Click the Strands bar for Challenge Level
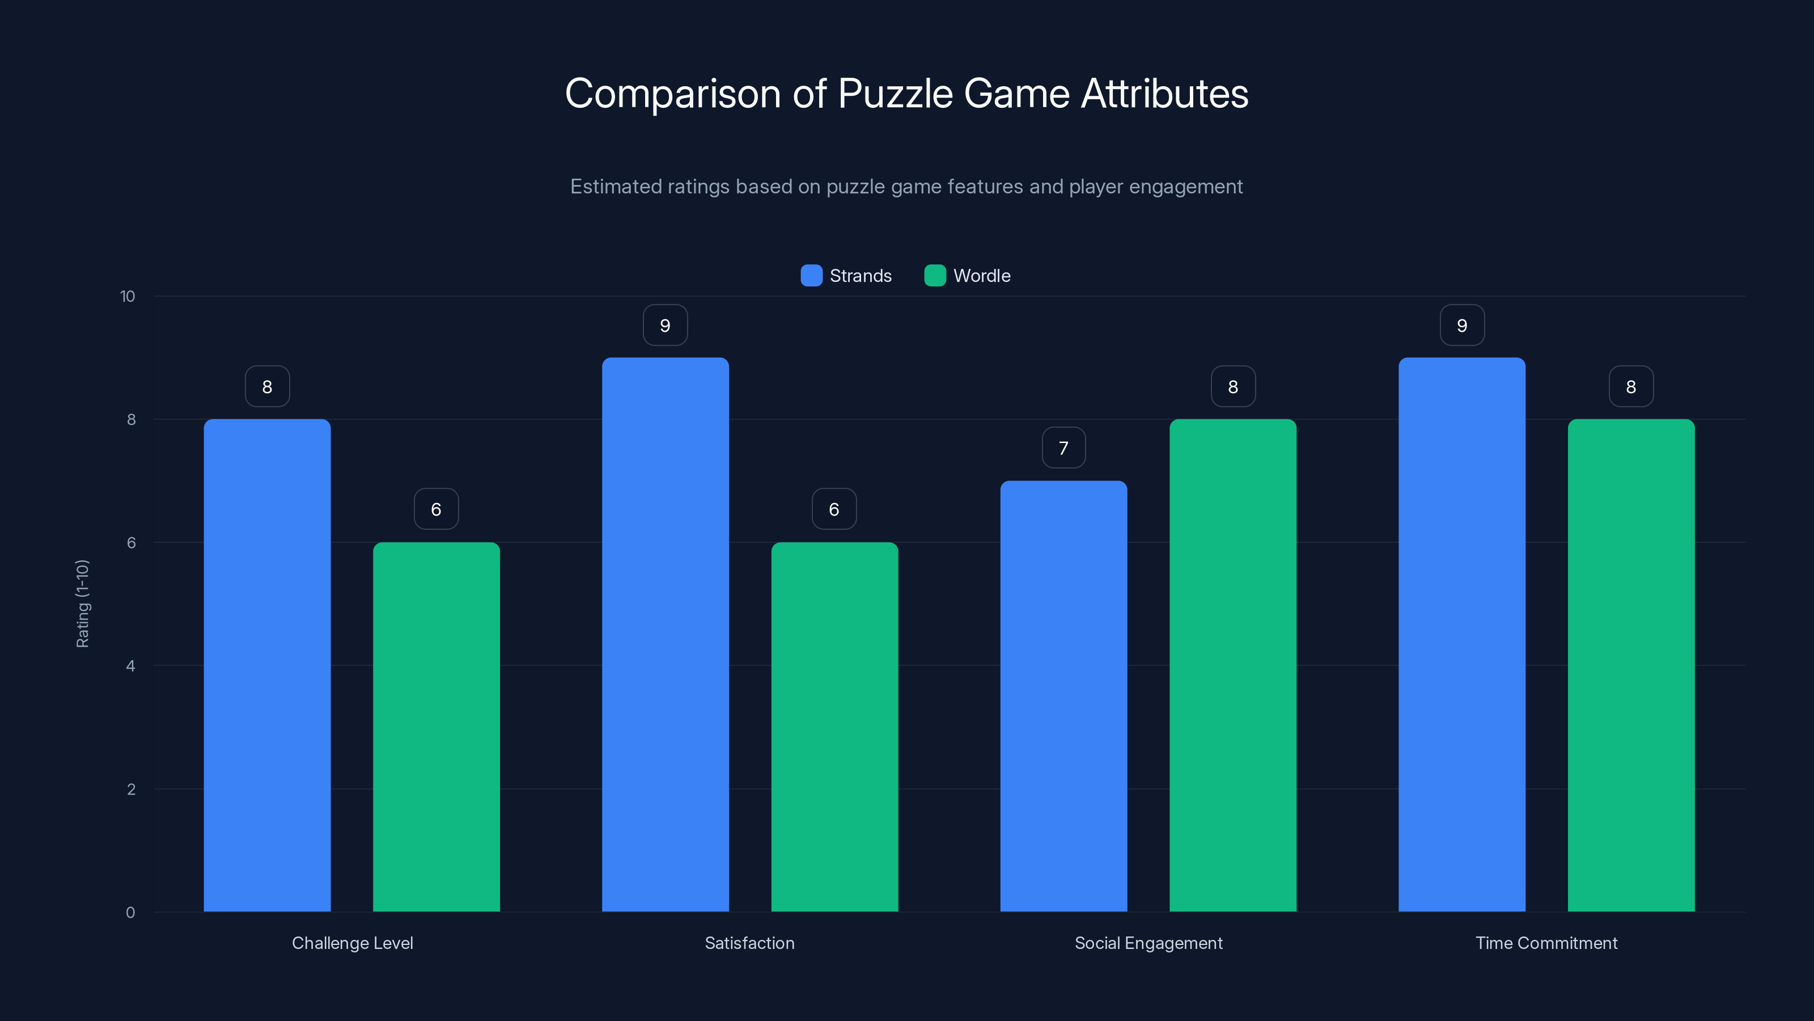pos(267,665)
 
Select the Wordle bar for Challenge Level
pos(436,727)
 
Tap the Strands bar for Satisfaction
pos(665,634)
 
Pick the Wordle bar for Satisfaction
pos(834,727)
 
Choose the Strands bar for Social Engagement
pos(1063,696)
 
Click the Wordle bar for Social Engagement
pos(1232,665)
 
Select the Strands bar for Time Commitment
pos(1462,634)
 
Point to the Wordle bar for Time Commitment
pos(1631,665)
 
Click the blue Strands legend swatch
pos(811,276)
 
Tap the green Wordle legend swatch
pos(934,276)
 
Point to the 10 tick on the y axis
pos(128,297)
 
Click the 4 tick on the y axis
pos(130,666)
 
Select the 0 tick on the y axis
pos(130,913)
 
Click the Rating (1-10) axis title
pos(82,604)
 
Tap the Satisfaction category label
pos(749,943)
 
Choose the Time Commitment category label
pos(1546,943)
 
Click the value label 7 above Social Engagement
pos(1063,448)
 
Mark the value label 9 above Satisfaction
pos(665,326)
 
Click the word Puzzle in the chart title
pos(895,94)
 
